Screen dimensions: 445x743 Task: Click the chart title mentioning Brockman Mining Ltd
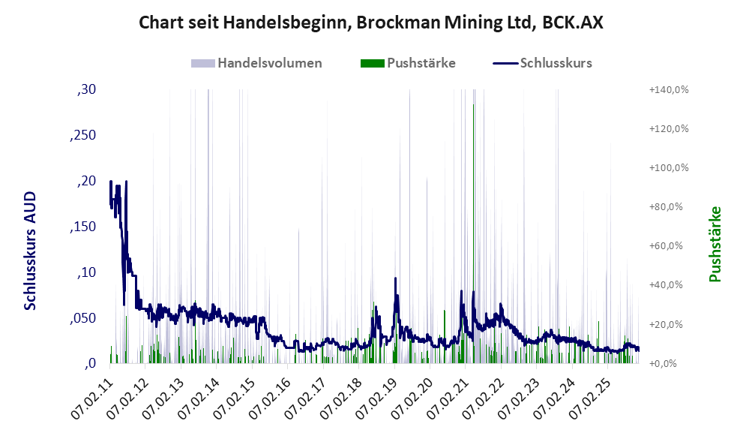click(x=371, y=23)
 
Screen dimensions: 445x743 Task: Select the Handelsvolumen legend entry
click(x=269, y=63)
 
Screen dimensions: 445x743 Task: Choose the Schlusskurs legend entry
click(x=556, y=63)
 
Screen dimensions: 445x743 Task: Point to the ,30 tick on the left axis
click(x=87, y=89)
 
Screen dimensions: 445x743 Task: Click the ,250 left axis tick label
click(x=83, y=135)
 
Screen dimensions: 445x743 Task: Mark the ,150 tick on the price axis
click(x=83, y=227)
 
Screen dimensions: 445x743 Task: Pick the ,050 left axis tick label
click(x=83, y=318)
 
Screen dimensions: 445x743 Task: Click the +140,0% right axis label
click(x=669, y=89)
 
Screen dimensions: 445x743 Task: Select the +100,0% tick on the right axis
click(x=669, y=167)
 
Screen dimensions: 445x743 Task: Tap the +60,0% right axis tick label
click(x=669, y=246)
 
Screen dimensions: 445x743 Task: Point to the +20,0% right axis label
click(x=669, y=324)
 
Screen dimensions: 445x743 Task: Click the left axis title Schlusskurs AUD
click(x=31, y=251)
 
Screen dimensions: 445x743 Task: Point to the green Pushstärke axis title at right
click(x=715, y=244)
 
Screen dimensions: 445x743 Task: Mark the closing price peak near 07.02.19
click(x=395, y=278)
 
